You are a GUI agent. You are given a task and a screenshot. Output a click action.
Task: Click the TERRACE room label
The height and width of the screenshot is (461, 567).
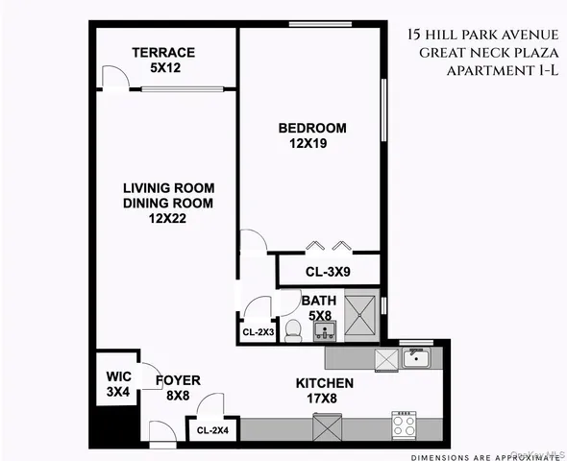pyautogui.click(x=163, y=52)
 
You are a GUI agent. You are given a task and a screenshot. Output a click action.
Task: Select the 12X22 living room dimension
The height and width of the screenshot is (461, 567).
pyautogui.click(x=167, y=220)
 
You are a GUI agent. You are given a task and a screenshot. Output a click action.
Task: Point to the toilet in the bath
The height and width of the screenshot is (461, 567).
pyautogui.click(x=295, y=330)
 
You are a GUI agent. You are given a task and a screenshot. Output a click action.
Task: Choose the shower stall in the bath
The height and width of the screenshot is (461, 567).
pyautogui.click(x=362, y=318)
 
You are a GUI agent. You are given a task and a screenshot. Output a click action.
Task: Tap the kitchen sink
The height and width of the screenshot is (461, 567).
pyautogui.click(x=416, y=359)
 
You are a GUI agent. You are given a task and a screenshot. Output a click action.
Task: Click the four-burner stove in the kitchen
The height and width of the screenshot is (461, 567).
pyautogui.click(x=403, y=424)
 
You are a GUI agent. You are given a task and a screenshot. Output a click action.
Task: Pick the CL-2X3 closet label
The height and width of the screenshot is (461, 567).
pyautogui.click(x=258, y=332)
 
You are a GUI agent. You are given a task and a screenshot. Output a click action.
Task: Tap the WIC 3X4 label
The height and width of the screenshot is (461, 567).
pyautogui.click(x=116, y=384)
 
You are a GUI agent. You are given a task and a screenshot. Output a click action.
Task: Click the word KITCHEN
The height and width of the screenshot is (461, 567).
pyautogui.click(x=324, y=384)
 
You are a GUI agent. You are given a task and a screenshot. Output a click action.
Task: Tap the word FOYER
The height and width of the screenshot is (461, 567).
pyautogui.click(x=178, y=380)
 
